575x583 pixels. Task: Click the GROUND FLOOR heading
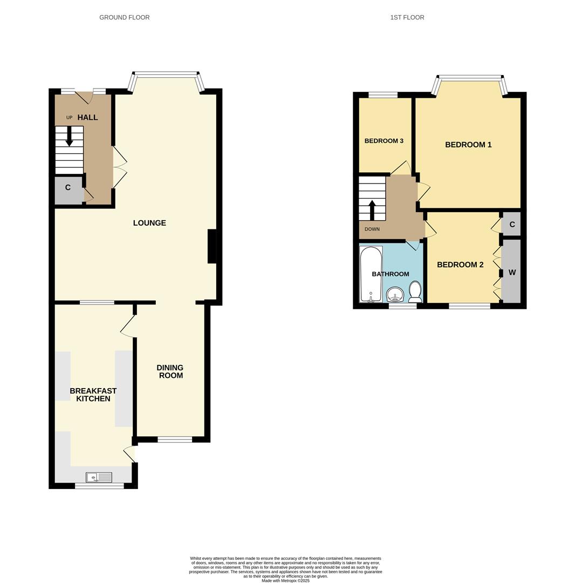(x=124, y=17)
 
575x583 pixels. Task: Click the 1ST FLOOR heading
(x=407, y=17)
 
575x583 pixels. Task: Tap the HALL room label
(x=87, y=117)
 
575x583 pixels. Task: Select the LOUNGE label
(x=149, y=223)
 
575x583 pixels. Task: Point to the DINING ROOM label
(x=170, y=371)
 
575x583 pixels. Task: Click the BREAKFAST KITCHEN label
(x=93, y=395)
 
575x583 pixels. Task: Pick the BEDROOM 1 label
(x=468, y=145)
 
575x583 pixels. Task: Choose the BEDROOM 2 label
(x=460, y=265)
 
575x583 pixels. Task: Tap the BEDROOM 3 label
(x=384, y=141)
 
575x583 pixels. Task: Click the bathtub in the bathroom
(x=371, y=274)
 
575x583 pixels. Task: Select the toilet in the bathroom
(x=415, y=291)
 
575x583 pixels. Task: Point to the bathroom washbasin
(x=395, y=295)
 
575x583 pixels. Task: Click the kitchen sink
(x=99, y=477)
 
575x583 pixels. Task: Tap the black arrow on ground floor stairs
(x=69, y=136)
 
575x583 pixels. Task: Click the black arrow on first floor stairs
(x=372, y=209)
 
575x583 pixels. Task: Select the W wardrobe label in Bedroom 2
(x=512, y=273)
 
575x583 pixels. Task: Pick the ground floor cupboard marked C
(x=68, y=188)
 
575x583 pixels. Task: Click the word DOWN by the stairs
(x=372, y=229)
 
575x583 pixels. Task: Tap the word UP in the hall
(x=69, y=118)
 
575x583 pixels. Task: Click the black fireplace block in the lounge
(x=212, y=246)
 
